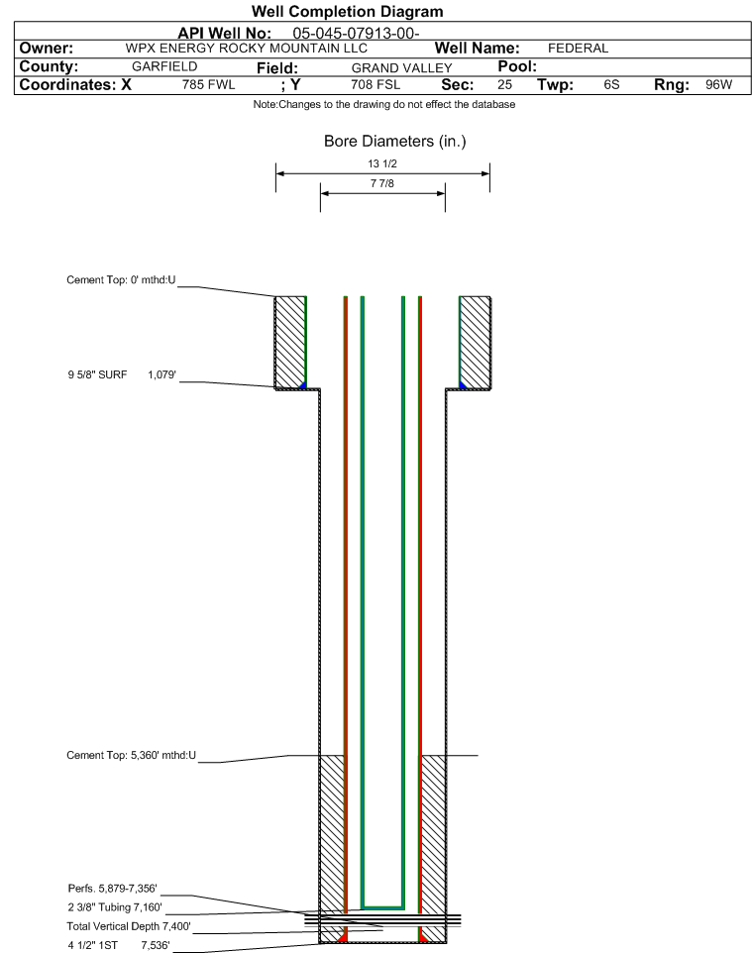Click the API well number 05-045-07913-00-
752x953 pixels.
pos(356,33)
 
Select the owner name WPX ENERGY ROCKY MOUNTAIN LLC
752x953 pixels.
pos(247,48)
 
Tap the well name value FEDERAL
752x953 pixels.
pos(578,48)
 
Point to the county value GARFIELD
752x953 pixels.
pos(164,66)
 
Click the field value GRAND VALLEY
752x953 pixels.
pos(402,68)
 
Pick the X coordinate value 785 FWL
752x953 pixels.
pos(208,84)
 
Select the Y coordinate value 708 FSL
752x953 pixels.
pos(376,84)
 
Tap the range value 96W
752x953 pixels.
pos(718,84)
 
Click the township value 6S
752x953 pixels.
pos(611,84)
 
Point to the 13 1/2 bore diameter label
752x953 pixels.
pos(382,163)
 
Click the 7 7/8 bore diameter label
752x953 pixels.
pos(382,183)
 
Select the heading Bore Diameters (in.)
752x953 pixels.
pos(395,141)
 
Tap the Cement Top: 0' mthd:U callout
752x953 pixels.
pos(121,279)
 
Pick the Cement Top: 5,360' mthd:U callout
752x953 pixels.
pos(132,755)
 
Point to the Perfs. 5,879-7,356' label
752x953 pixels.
pos(113,888)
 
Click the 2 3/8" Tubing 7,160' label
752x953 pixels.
pos(115,906)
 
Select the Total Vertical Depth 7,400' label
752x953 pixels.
pos(129,926)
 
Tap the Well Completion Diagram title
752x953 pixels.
pos(348,11)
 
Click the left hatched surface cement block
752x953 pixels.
pos(289,342)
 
